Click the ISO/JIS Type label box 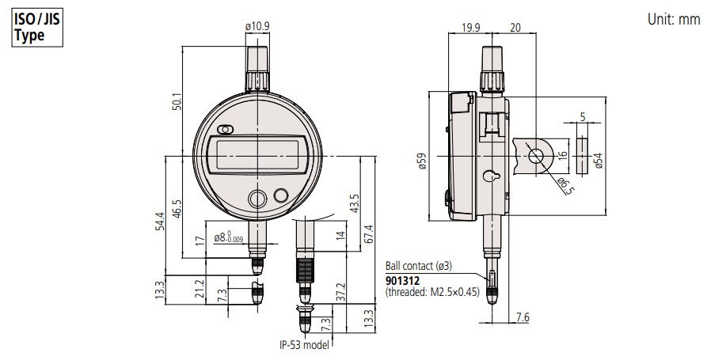(x=37, y=28)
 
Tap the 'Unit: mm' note (x=674, y=19)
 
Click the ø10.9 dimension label (x=257, y=26)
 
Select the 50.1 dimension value (x=177, y=102)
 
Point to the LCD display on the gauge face (x=257, y=155)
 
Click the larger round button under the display (x=257, y=199)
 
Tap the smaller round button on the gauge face (x=280, y=195)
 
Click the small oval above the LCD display (x=225, y=130)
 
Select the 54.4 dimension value (x=160, y=222)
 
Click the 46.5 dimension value (x=177, y=209)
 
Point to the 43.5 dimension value (x=355, y=203)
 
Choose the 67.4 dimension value (x=369, y=234)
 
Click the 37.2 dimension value (x=340, y=292)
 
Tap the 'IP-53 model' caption (x=304, y=345)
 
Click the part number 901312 (x=402, y=281)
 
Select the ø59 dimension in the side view (x=421, y=161)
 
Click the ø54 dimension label (x=598, y=161)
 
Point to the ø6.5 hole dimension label (x=565, y=186)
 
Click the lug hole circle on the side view (x=536, y=157)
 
